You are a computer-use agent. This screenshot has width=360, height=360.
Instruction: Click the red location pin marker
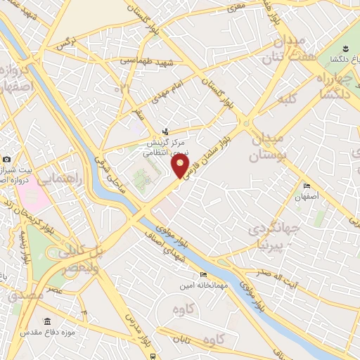180,166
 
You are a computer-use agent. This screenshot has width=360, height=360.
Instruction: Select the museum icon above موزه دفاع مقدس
47,321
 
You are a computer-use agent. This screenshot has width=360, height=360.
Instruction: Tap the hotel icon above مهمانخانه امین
203,274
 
